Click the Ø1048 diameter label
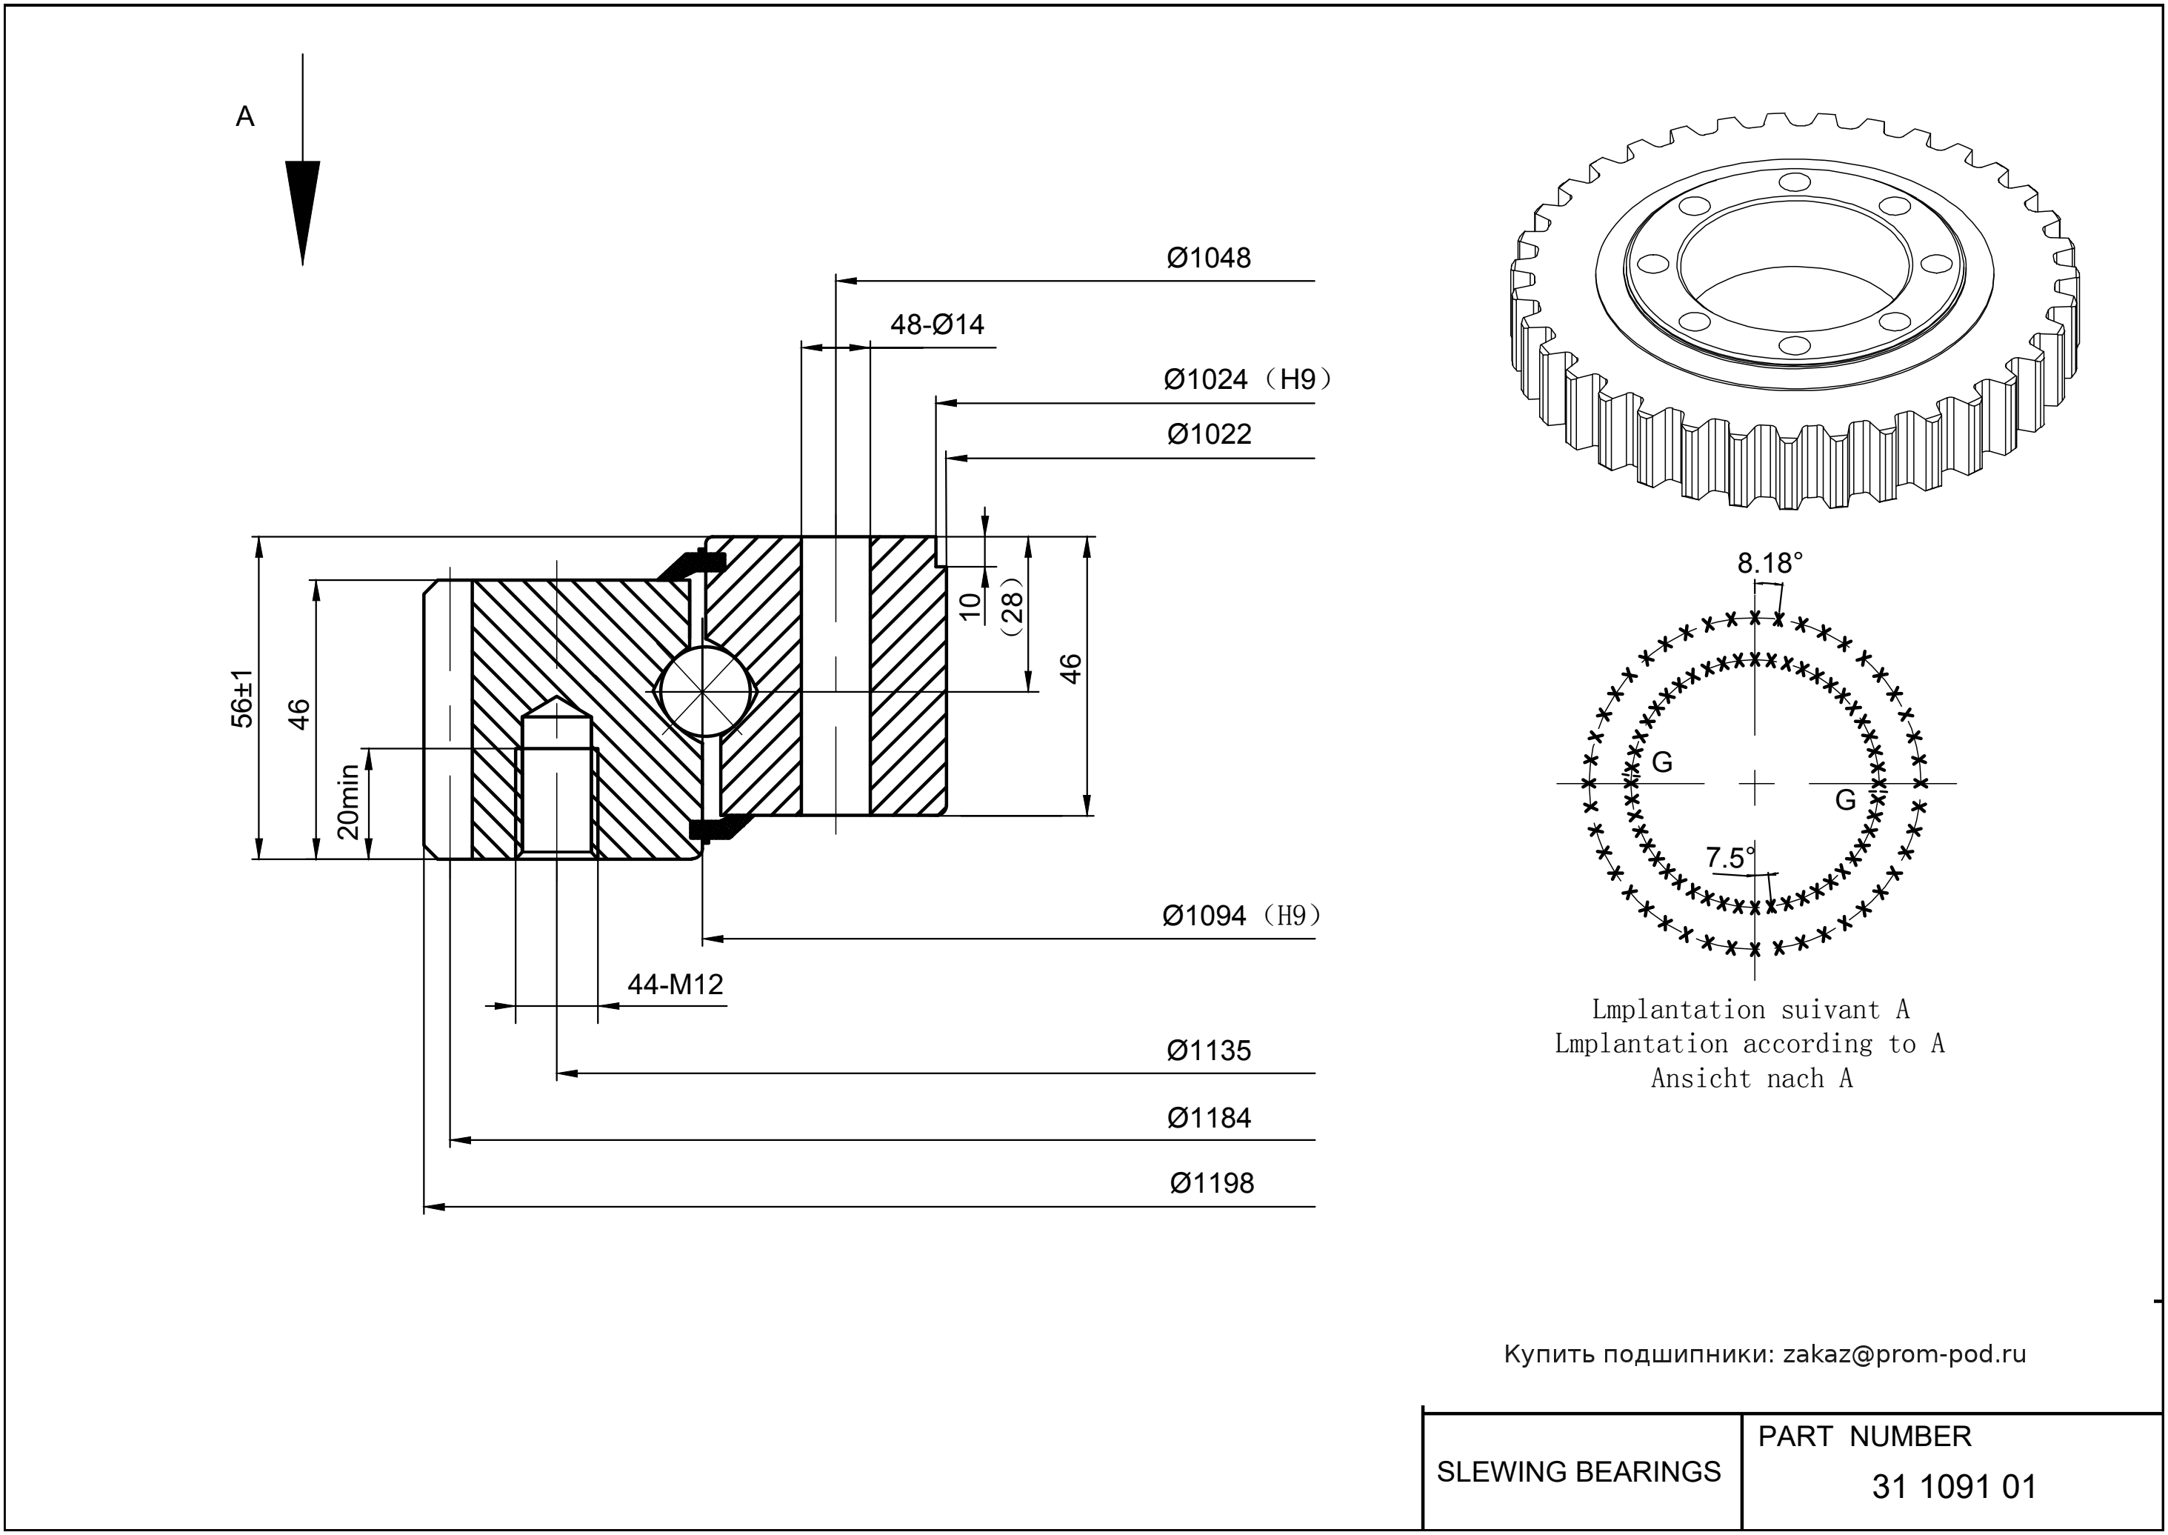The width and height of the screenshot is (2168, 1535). point(1208,258)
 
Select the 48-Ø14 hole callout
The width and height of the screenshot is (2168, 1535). point(936,325)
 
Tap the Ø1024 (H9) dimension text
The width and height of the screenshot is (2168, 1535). point(1247,380)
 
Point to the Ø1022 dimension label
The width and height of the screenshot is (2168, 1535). point(1209,435)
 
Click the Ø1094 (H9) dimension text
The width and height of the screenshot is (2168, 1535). point(1241,916)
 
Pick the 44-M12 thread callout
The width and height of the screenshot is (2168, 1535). point(675,985)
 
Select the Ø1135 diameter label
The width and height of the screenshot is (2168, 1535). point(1208,1051)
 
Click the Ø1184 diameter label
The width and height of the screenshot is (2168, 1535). point(1208,1118)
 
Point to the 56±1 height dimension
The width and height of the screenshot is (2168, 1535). point(243,699)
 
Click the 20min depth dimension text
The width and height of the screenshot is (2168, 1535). point(349,802)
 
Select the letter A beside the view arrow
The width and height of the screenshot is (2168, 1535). point(244,117)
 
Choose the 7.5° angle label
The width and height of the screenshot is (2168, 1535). point(1730,858)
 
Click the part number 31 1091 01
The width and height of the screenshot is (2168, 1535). point(1953,1487)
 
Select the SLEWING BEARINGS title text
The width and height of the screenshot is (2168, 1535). point(1578,1472)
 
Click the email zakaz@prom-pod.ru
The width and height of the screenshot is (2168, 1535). point(1904,1354)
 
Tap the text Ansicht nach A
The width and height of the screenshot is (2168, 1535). point(1751,1079)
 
